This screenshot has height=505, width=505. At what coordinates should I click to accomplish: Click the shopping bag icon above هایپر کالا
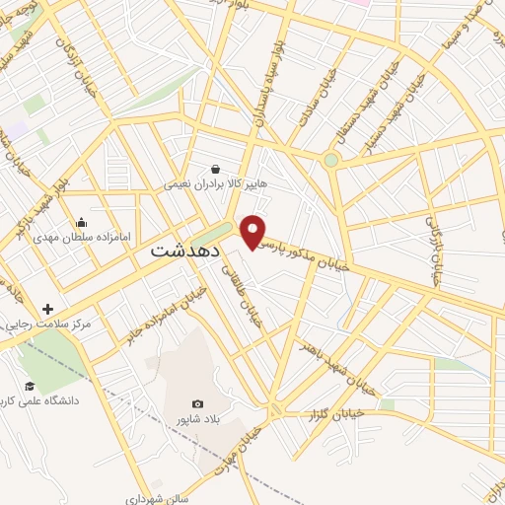[215, 169]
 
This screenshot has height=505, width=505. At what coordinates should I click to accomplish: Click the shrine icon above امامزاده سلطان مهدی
[81, 222]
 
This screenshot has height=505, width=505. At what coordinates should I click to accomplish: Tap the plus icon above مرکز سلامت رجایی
[47, 309]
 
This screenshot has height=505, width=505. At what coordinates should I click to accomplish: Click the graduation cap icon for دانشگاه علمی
[30, 386]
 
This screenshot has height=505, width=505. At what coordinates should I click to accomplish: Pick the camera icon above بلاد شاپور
[198, 403]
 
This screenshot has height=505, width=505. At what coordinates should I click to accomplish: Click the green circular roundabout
[331, 160]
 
